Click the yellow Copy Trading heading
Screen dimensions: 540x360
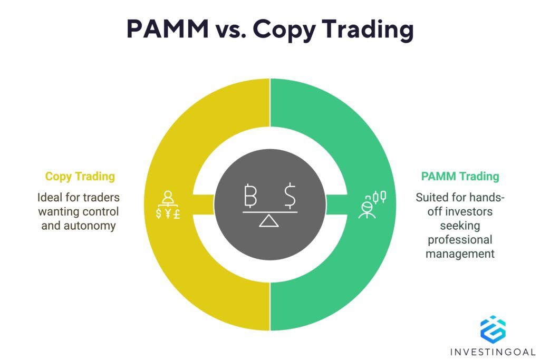pyautogui.click(x=80, y=177)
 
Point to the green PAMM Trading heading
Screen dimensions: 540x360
pyautogui.click(x=460, y=177)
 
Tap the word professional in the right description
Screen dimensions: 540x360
pyautogui.click(x=460, y=240)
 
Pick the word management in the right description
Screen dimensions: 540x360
pyautogui.click(x=460, y=254)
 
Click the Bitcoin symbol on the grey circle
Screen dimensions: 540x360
pyautogui.click(x=250, y=195)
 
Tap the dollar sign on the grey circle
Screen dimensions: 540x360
pyautogui.click(x=290, y=195)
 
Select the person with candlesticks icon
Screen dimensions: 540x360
pyautogui.click(x=372, y=204)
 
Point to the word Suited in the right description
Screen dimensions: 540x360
pyautogui.click(x=431, y=198)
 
